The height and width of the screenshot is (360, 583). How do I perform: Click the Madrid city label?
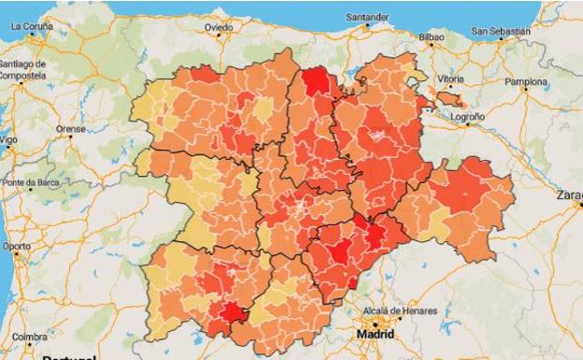tap(375, 332)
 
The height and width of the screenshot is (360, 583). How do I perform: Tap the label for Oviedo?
tap(219, 28)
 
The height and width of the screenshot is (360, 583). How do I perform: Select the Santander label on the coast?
tap(367, 17)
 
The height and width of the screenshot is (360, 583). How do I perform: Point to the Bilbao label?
tap(432, 37)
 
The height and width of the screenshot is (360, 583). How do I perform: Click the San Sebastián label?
tap(501, 31)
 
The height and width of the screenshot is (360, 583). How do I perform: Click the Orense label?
tap(70, 129)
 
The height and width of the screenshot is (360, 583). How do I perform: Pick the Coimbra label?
tap(30, 337)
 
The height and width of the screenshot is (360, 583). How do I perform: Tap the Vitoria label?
tap(450, 79)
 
